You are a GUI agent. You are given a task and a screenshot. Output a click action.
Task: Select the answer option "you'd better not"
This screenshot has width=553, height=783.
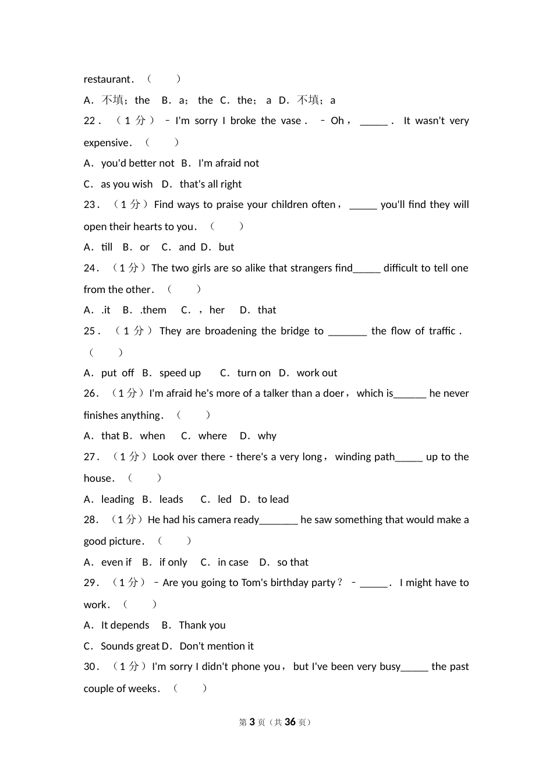click(137, 163)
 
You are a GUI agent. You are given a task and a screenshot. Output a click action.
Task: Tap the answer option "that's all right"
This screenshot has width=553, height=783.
click(210, 184)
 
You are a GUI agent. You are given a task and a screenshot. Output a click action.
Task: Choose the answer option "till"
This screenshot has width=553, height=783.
click(107, 247)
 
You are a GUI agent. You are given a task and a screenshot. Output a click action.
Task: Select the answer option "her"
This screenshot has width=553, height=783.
click(217, 310)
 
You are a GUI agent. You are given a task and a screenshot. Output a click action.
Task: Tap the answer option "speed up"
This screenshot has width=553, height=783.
click(180, 373)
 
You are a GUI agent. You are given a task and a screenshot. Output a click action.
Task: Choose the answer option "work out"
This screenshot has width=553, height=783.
click(317, 373)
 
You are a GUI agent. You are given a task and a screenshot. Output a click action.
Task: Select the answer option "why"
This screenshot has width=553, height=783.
click(267, 436)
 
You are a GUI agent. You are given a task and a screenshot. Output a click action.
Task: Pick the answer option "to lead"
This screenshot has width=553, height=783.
click(273, 499)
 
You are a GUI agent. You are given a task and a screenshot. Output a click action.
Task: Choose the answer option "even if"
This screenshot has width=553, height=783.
click(116, 562)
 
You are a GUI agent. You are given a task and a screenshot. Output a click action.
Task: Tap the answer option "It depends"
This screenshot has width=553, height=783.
click(125, 625)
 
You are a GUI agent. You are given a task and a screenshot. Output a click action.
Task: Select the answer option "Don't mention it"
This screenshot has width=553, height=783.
click(217, 646)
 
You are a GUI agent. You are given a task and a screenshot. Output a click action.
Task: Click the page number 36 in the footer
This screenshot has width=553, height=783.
click(290, 722)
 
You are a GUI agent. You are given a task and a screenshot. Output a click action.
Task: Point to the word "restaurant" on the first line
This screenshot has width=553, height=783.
click(108, 79)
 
